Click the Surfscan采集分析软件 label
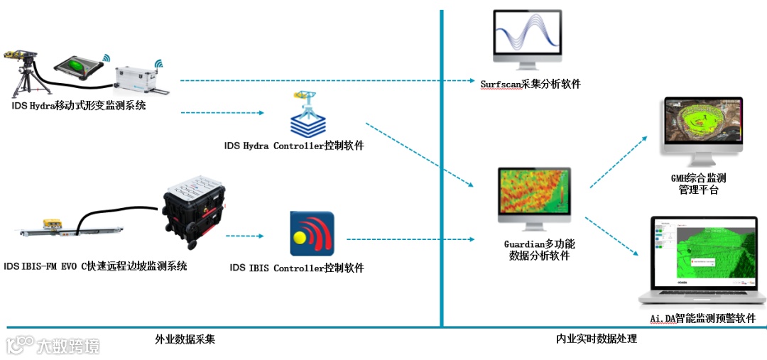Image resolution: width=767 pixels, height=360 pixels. [531, 84]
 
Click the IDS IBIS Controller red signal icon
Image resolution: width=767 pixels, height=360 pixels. [312, 234]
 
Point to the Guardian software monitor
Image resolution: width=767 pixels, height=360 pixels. [534, 194]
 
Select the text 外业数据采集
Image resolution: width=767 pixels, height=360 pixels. [185, 339]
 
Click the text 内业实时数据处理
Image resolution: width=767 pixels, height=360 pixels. [597, 339]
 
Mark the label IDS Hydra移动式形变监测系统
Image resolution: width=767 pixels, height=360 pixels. [78, 106]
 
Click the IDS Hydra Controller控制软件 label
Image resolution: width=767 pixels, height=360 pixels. [294, 146]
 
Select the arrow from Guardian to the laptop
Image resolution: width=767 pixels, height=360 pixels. [611, 234]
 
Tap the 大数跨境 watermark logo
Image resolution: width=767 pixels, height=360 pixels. [53, 346]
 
